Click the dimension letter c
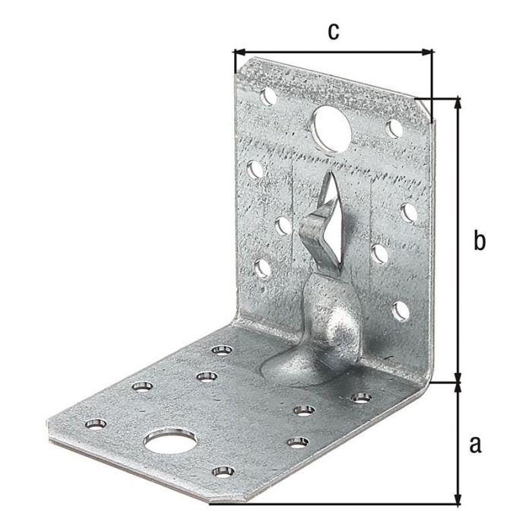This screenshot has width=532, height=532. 332,31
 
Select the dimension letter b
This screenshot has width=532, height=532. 478,241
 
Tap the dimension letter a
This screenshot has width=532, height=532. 476,444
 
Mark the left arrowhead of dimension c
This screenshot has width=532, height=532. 238,52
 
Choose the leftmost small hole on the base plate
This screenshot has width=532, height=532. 95,423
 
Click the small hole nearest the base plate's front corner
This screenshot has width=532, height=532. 221,472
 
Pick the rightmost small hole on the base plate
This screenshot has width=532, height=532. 360,397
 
